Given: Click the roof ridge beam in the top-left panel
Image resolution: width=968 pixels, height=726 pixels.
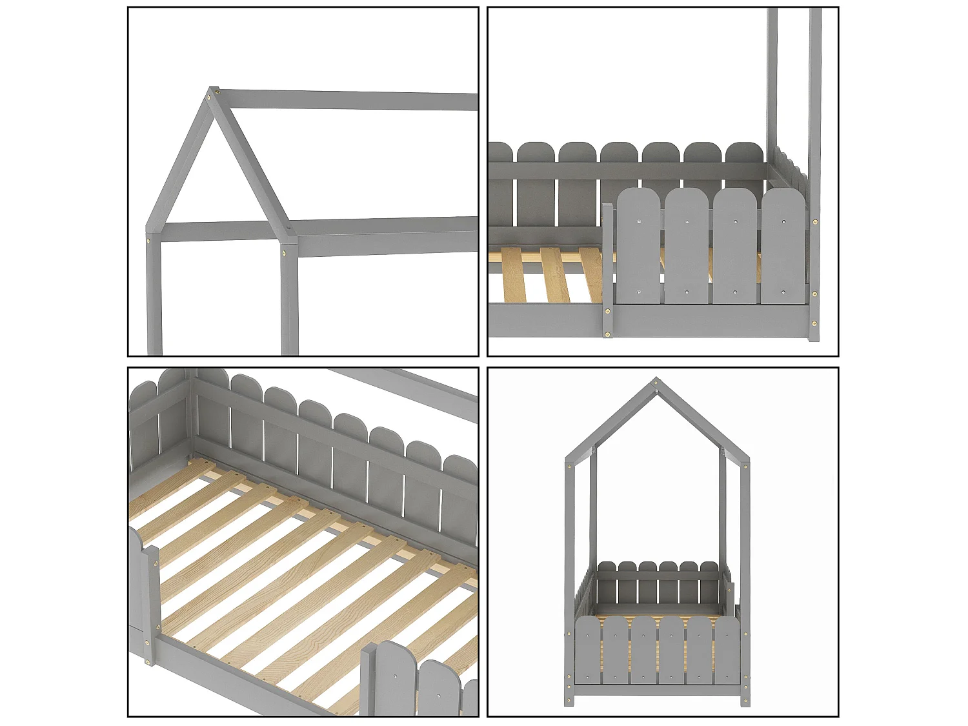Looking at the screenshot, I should (x=348, y=100).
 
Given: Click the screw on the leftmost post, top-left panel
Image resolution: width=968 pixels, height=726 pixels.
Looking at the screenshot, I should (x=149, y=241).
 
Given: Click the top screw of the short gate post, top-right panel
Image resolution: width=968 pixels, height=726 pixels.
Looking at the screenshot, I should (x=607, y=311).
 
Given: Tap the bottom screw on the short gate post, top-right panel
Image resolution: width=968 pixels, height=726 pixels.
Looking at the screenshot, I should (x=607, y=334).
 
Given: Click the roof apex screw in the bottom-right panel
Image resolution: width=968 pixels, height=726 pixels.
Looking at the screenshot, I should (x=657, y=383).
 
